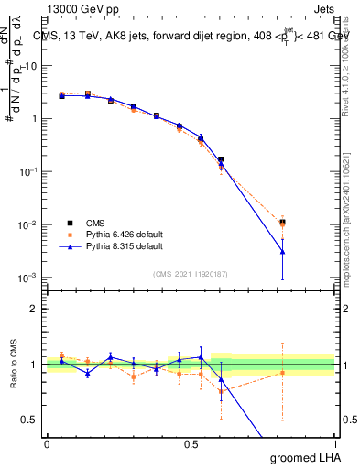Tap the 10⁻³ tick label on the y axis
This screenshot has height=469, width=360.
(30, 278)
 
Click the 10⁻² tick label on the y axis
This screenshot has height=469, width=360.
(30, 224)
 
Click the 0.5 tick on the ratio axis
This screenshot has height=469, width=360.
(32, 420)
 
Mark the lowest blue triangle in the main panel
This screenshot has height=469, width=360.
(283, 252)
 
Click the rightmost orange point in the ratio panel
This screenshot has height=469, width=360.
(283, 372)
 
